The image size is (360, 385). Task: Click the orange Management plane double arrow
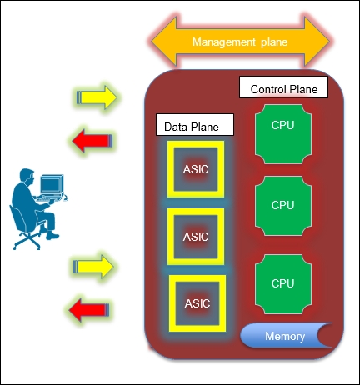tap(241, 42)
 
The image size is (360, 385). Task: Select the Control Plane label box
tap(283, 87)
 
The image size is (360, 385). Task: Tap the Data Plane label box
tap(195, 125)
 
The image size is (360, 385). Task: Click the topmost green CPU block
tap(283, 134)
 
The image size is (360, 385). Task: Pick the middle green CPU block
tap(283, 206)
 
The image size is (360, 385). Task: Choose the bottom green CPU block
tap(283, 284)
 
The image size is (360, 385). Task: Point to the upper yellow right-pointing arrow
tap(97, 97)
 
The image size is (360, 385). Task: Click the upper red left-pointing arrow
tap(92, 141)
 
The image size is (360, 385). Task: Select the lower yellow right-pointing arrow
tap(93, 267)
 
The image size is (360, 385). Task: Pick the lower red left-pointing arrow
tap(89, 310)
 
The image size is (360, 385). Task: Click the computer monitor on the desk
tap(52, 184)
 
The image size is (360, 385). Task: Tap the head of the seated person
tap(27, 176)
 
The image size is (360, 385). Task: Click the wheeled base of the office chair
tap(27, 242)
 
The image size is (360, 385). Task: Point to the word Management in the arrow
tap(224, 42)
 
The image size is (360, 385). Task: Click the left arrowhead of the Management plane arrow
tap(164, 42)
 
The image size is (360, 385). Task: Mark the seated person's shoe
tap(52, 237)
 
